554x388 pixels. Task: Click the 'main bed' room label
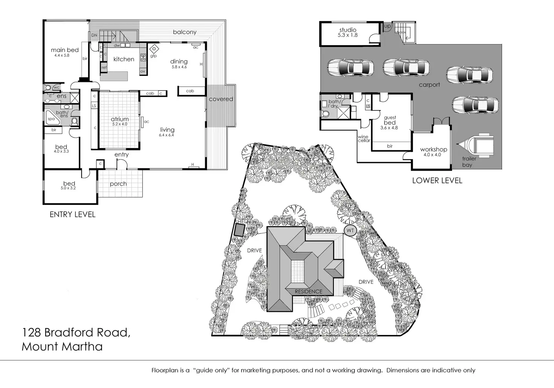pos(65,50)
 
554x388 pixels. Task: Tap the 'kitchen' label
pos(124,59)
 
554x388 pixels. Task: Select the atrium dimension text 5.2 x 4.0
pos(119,124)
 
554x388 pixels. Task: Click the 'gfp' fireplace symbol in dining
pos(154,49)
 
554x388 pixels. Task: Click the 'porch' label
pos(118,184)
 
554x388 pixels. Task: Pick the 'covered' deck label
pos(221,99)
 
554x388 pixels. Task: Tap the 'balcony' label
pos(185,32)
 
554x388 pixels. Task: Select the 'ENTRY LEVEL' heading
pos(73,215)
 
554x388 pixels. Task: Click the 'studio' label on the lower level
pos(348,30)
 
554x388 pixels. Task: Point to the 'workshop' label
pos(434,150)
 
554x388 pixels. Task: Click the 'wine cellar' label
pos(364,139)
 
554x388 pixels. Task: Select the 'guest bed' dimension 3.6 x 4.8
pos(389,128)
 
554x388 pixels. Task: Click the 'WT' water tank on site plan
pos(350,230)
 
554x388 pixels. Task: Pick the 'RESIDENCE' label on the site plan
pos(308,291)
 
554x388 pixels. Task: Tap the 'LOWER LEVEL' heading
pos(437,180)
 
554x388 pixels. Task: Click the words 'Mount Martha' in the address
pos(62,346)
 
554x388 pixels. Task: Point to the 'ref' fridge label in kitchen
pos(104,68)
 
